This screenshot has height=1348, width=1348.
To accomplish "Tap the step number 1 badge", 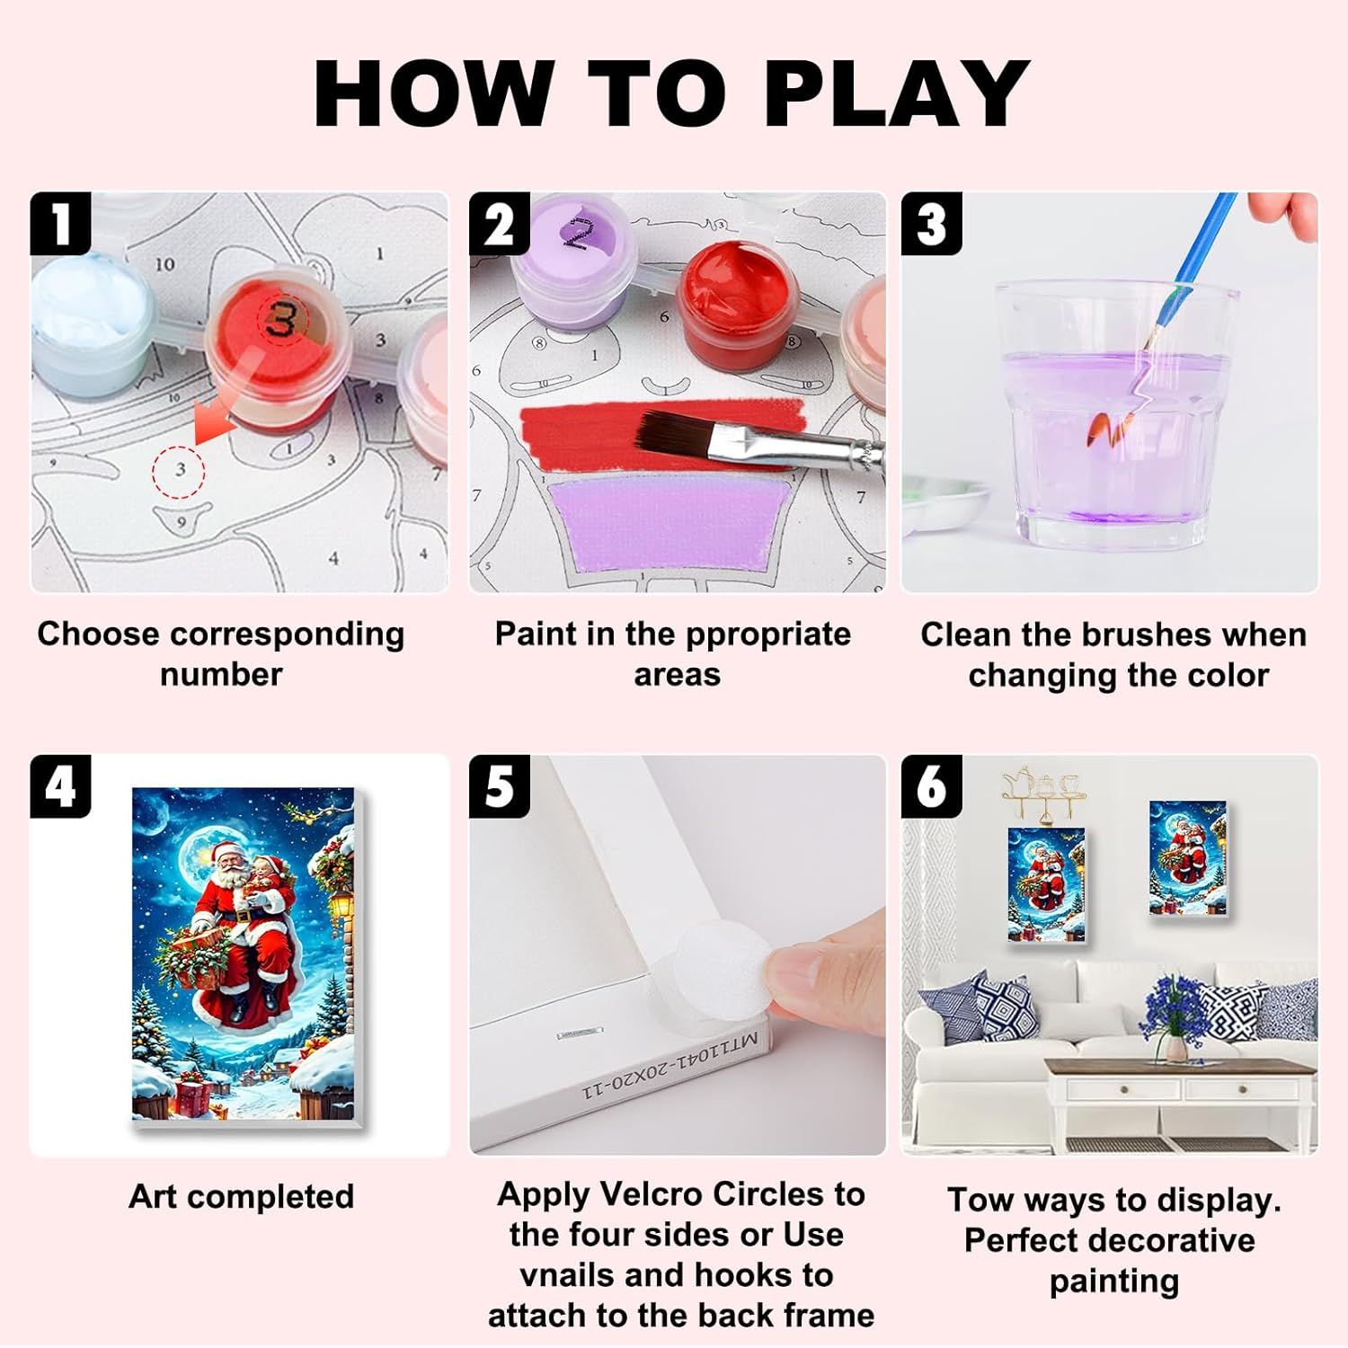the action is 60,224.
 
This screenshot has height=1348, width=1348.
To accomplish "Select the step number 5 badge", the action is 500,786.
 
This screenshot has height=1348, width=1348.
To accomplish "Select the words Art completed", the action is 241,1197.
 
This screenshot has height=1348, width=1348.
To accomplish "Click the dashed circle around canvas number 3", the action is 178,470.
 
